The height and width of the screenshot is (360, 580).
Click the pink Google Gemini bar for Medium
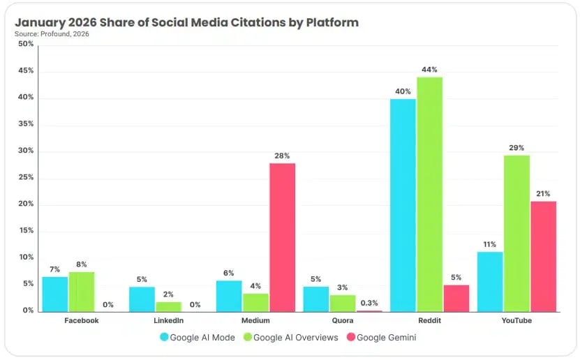pos(282,237)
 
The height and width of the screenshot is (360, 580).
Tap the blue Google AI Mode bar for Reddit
pos(403,205)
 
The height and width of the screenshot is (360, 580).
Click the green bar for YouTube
pos(516,234)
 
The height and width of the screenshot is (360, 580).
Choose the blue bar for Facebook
pos(54,294)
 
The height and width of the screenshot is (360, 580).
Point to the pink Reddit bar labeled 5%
pos(456,298)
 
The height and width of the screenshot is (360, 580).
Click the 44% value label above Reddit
pos(429,70)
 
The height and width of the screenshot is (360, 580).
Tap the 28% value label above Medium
pos(282,156)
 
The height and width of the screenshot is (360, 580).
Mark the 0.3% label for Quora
pos(369,302)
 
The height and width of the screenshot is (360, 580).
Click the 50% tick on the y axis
pos(26,44)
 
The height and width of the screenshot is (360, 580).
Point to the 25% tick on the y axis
pos(26,177)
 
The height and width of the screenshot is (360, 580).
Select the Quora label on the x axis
pos(342,321)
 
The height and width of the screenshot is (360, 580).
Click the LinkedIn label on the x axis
pos(168,321)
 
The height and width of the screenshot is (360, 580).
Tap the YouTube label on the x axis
pos(516,321)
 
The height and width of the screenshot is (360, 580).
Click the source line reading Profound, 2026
pos(50,33)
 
